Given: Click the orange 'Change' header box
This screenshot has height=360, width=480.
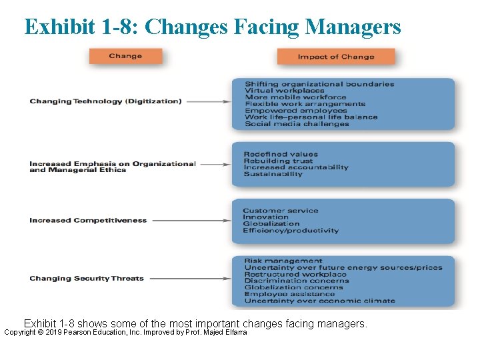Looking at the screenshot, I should [x=125, y=56].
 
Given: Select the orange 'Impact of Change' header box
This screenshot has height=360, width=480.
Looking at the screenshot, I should [x=336, y=57].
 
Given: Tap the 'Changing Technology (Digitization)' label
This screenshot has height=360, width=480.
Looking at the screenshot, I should [x=105, y=101].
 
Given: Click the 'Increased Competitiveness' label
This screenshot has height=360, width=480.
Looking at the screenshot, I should [x=88, y=220].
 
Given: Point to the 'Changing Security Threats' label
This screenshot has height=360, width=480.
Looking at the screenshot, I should [x=87, y=278].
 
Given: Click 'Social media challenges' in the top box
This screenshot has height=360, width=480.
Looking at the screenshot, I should [x=297, y=124].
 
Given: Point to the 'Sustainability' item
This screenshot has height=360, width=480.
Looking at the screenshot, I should [x=273, y=174].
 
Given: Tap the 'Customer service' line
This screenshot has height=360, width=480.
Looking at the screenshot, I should [x=281, y=211].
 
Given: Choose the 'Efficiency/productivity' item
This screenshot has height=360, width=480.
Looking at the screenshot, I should [x=291, y=231].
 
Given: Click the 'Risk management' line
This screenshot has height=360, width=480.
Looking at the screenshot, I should [x=283, y=261].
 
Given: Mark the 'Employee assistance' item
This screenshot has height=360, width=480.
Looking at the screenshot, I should [x=289, y=294].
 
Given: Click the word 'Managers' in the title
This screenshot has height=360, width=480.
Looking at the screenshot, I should [x=353, y=27].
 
